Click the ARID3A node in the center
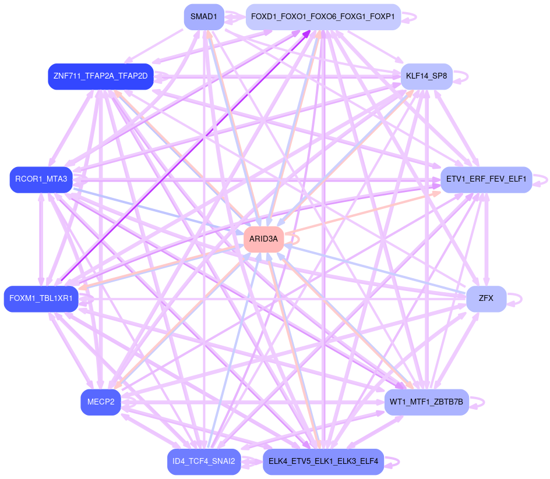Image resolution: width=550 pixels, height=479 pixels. (263, 239)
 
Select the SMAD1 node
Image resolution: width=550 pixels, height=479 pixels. (203, 17)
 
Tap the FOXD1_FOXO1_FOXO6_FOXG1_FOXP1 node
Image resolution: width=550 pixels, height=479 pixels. (323, 17)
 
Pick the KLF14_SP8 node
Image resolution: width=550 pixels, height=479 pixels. (426, 76)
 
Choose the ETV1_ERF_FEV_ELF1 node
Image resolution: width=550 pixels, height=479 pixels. (486, 180)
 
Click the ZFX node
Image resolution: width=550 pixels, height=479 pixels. (486, 299)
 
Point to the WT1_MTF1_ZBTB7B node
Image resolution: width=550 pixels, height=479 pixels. (426, 402)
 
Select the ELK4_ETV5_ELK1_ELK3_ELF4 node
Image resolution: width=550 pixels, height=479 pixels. (323, 462)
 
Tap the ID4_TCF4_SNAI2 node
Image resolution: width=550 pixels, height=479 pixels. (203, 462)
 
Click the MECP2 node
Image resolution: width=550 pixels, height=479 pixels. (101, 402)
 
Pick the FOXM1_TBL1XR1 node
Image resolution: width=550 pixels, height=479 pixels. (41, 299)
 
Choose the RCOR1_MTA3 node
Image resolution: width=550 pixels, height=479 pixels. (41, 180)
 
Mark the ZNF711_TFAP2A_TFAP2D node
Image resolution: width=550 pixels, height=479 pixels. (100, 76)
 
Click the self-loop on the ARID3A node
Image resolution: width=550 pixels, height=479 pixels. (298, 239)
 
